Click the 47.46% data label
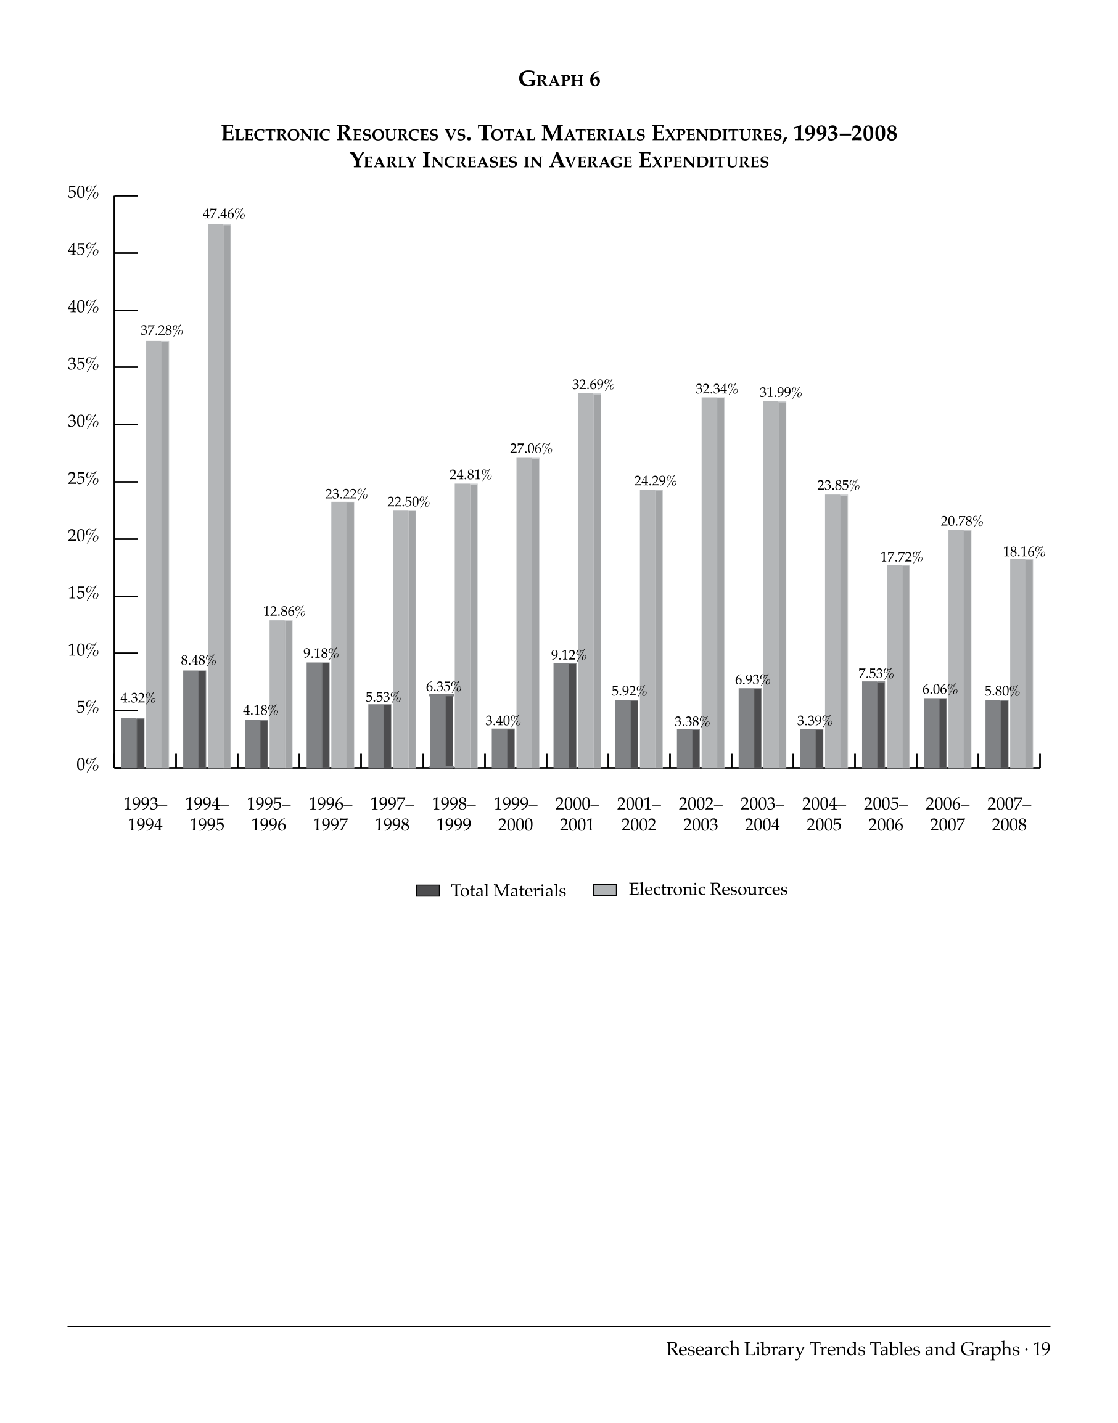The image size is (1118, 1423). click(x=223, y=214)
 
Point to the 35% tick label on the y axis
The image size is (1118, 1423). click(x=83, y=364)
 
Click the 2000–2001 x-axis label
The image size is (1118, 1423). click(x=577, y=814)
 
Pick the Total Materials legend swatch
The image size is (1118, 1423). click(x=427, y=890)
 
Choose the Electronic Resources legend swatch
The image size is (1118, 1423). click(x=604, y=890)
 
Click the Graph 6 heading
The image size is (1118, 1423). click(x=559, y=79)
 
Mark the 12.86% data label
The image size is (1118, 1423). click(x=284, y=612)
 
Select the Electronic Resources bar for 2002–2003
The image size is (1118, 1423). click(x=713, y=583)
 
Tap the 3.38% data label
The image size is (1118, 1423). click(x=692, y=722)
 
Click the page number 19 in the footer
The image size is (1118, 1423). click(x=1042, y=1349)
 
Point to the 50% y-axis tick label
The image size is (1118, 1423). click(x=83, y=193)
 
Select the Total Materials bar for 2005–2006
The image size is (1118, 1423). click(x=873, y=724)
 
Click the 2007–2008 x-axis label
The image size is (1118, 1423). click(x=1009, y=814)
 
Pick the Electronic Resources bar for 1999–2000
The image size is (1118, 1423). click(x=528, y=613)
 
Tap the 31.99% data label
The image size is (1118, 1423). click(x=780, y=393)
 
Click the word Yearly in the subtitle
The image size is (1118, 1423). click(x=384, y=160)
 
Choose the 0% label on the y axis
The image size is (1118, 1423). click(x=87, y=765)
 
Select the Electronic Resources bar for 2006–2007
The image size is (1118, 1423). click(x=960, y=649)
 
